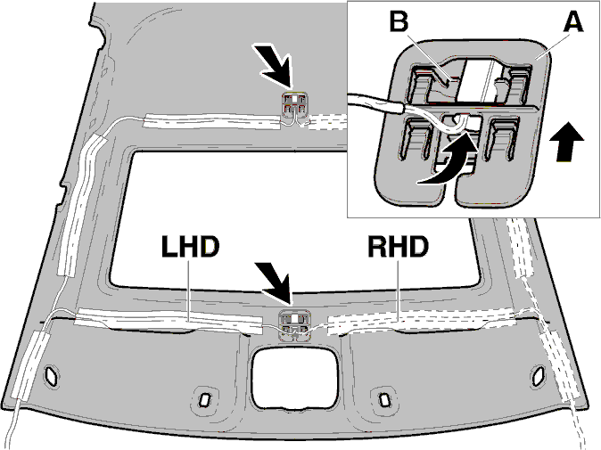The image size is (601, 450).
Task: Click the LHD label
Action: click(191, 246)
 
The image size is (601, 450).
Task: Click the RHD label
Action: click(399, 246)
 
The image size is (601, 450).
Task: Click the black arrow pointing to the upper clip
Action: click(273, 64)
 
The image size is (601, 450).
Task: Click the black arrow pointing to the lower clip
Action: click(275, 283)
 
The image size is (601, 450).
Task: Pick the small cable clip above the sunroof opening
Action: click(294, 104)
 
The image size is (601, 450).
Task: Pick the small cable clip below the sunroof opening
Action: click(294, 325)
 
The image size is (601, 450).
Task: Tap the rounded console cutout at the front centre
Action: click(295, 378)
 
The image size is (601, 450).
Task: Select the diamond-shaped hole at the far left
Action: click(52, 375)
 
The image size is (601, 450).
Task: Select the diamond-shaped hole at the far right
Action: click(538, 375)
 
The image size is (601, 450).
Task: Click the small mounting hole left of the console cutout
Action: click(203, 399)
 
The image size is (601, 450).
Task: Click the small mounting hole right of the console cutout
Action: click(383, 399)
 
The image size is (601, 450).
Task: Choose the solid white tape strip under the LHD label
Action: click(169, 321)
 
